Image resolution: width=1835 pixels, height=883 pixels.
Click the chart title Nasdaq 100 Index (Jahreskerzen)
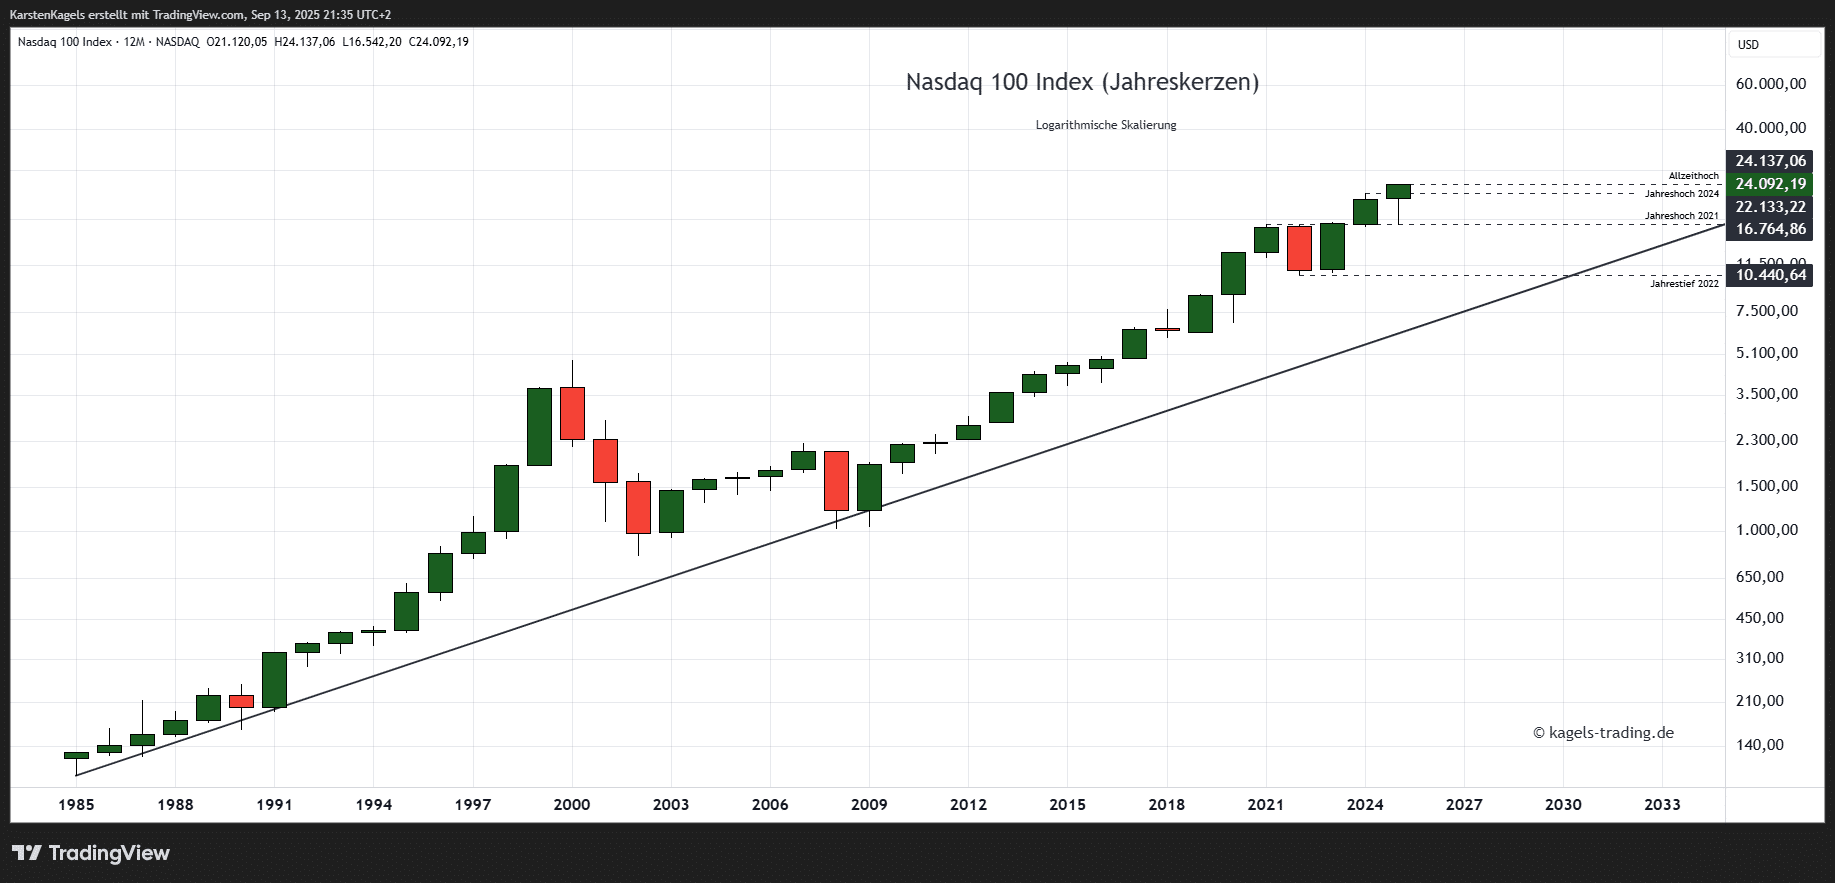tap(1082, 82)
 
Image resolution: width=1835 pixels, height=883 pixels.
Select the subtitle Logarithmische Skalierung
tap(1106, 125)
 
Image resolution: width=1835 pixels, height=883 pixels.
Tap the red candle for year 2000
tap(572, 413)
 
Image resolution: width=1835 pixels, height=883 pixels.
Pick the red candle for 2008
tap(836, 481)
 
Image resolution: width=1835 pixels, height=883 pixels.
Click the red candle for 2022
tap(1299, 248)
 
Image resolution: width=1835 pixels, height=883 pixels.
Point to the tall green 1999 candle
tap(539, 427)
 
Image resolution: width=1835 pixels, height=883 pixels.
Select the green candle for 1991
tap(274, 680)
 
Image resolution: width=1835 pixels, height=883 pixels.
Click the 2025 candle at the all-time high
tap(1398, 191)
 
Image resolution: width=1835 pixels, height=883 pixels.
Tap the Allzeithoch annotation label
tap(1693, 176)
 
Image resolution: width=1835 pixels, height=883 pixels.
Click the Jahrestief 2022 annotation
tap(1684, 284)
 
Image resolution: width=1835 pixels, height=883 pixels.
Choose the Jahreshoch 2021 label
tap(1681, 216)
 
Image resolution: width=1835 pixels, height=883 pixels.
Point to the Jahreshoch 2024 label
tap(1681, 194)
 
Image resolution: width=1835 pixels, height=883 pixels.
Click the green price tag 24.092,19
tap(1771, 184)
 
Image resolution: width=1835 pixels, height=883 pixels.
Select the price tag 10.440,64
tap(1771, 275)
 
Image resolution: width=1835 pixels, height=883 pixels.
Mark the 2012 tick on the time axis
tap(968, 804)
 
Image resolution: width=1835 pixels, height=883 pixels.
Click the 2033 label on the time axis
tap(1662, 804)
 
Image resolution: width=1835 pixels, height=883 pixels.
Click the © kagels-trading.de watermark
tap(1603, 733)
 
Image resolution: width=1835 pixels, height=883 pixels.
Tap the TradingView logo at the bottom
tap(91, 853)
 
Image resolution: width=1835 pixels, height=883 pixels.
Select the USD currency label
tap(1748, 45)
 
